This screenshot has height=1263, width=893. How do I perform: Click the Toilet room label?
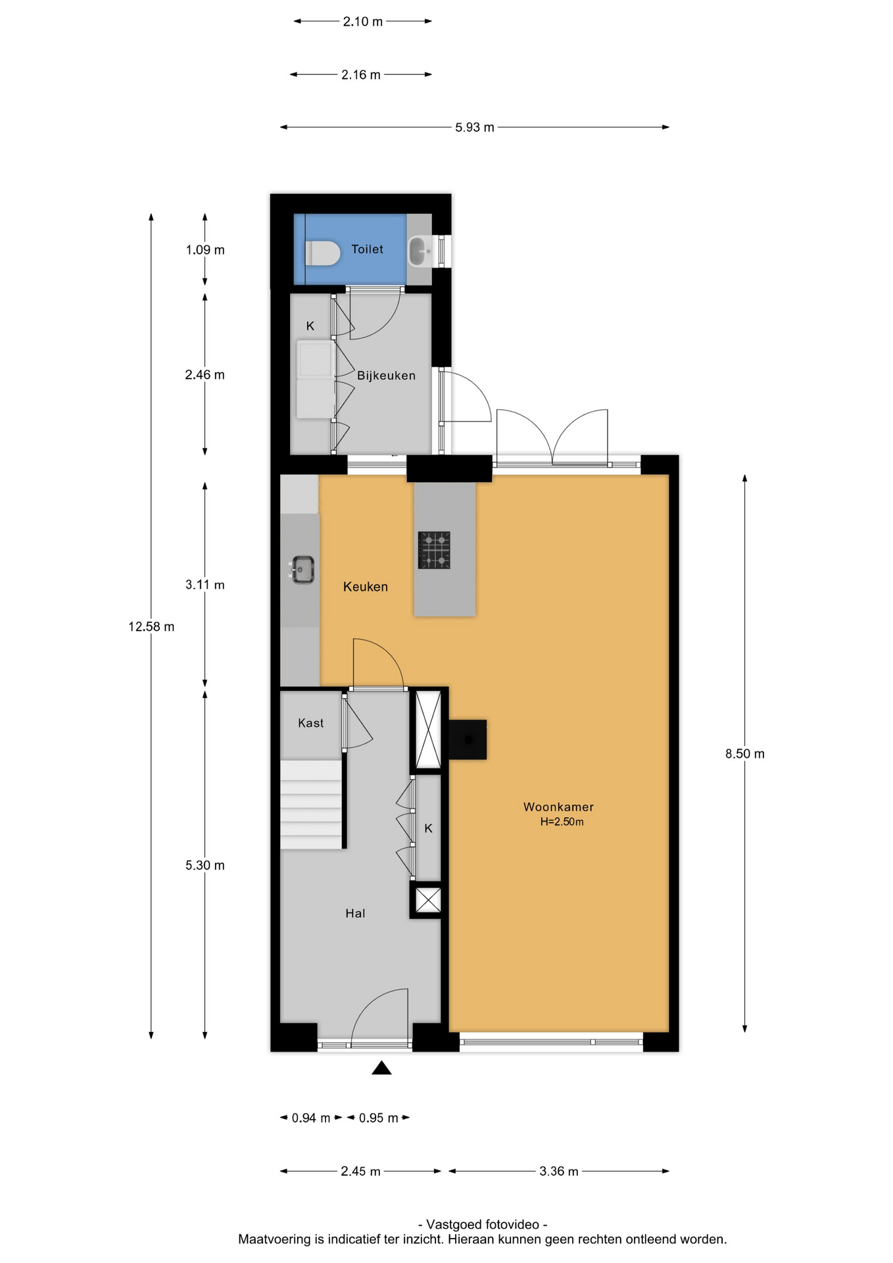[367, 249]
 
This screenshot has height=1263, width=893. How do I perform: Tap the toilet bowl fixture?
[323, 253]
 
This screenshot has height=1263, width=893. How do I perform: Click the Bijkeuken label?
[386, 376]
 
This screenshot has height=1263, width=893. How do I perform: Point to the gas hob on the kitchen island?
[434, 550]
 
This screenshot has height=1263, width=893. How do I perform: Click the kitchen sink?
[302, 570]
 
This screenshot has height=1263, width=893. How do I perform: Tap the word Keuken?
[366, 587]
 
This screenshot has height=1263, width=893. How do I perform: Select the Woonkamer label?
[558, 807]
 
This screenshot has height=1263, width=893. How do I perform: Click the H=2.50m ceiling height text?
[562, 822]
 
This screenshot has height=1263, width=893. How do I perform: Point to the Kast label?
[311, 723]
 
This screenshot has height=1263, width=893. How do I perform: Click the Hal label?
[355, 913]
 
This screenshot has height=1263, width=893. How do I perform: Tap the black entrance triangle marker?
[381, 1068]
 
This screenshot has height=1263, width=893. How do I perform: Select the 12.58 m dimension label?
[151, 627]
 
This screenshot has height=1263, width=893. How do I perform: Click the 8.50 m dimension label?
[745, 754]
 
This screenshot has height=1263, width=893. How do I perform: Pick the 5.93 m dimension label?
[475, 128]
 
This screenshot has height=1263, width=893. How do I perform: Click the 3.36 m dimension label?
[559, 1172]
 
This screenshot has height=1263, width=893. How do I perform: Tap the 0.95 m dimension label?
[379, 1118]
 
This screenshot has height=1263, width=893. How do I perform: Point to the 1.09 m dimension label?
[205, 250]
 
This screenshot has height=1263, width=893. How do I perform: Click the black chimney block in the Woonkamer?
[468, 739]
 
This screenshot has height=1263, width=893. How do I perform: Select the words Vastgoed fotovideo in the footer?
[483, 1225]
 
